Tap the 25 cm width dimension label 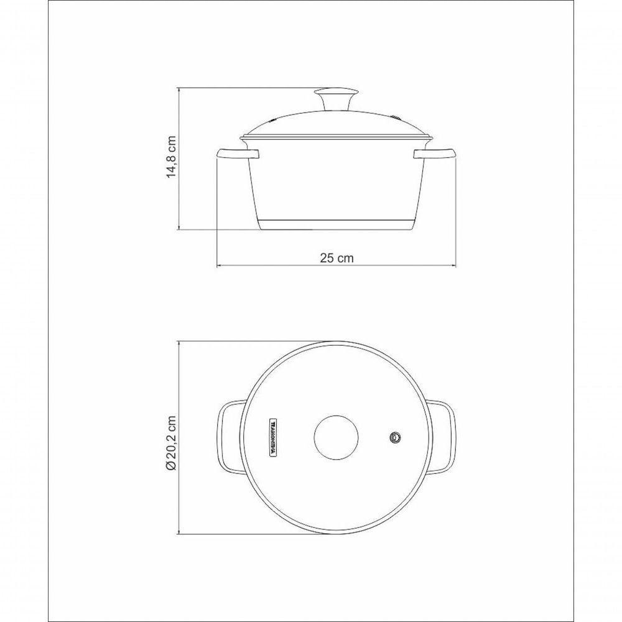click(337, 258)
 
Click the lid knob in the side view click(337, 98)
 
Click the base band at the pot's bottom click(337, 225)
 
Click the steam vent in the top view click(395, 437)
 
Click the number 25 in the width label click(327, 258)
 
